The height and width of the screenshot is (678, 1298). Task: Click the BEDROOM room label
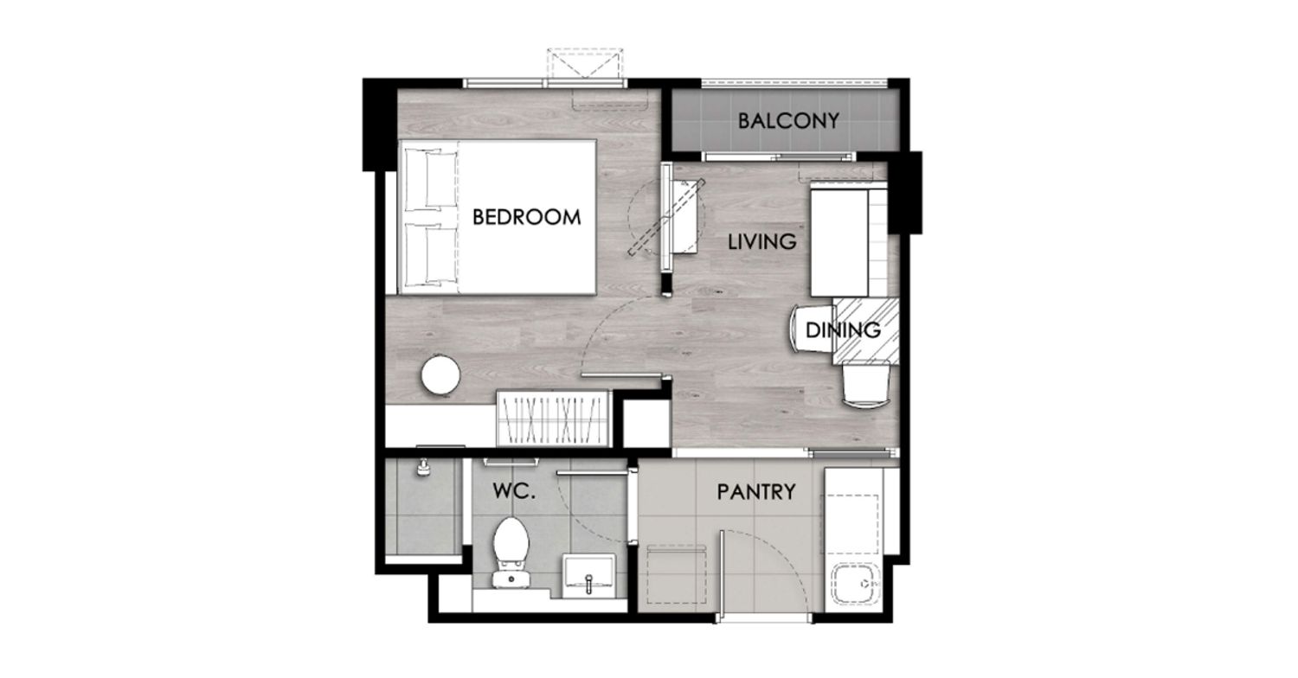pos(526,217)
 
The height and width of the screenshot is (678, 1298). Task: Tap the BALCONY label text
pos(788,121)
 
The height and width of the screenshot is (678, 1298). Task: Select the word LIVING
pos(762,241)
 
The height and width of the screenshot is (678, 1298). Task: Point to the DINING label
pos(843,330)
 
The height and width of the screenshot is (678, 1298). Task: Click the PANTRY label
pos(756,492)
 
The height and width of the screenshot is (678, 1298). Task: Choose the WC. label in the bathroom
pos(513,491)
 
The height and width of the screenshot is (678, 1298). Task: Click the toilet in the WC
pos(511,553)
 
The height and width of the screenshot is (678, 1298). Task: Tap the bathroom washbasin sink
pos(588,575)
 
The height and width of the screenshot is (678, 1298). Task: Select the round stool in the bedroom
pos(441,375)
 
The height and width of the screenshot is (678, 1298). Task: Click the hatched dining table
pos(865,331)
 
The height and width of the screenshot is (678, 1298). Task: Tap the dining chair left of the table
pos(812,329)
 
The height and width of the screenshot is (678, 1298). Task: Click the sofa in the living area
pos(849,240)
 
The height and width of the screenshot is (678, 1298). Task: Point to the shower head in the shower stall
pos(424,467)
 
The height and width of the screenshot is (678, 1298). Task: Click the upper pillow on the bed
pos(431,179)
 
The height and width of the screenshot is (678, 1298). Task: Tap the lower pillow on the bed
pos(431,255)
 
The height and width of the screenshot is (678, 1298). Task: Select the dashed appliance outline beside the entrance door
pos(676,574)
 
